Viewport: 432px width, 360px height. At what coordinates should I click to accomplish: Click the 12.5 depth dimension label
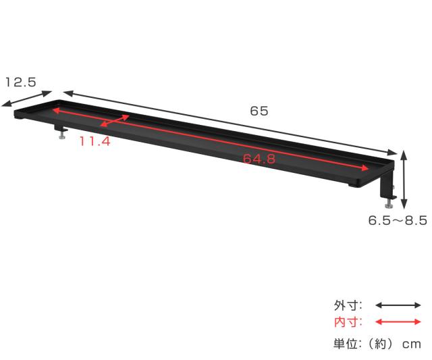[21, 82]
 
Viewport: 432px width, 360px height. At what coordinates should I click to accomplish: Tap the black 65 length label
[259, 111]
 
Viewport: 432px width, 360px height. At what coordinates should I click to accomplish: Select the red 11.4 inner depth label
[95, 141]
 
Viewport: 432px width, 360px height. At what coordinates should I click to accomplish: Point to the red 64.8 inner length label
[259, 159]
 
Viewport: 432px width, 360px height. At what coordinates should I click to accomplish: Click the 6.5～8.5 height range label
[398, 220]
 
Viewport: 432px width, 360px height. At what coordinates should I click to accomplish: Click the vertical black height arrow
[404, 179]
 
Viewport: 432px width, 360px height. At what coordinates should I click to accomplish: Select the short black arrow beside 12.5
[27, 99]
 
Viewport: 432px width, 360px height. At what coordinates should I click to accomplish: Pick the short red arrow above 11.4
[115, 121]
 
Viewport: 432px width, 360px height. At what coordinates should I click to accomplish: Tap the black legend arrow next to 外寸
[398, 305]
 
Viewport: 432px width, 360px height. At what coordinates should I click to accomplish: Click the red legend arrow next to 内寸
[398, 322]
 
